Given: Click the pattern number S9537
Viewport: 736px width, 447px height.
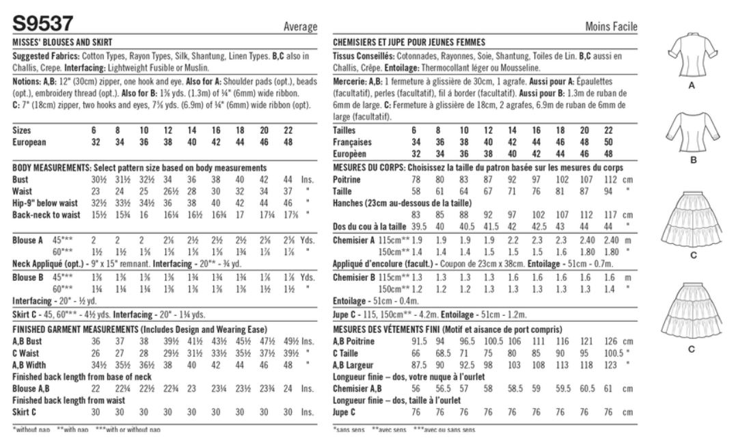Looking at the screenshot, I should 42,23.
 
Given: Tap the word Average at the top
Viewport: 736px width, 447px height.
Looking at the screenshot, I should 300,27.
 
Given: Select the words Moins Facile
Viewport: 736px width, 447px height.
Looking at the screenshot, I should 612,27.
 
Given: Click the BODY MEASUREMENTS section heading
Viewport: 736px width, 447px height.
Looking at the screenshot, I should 55,167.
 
